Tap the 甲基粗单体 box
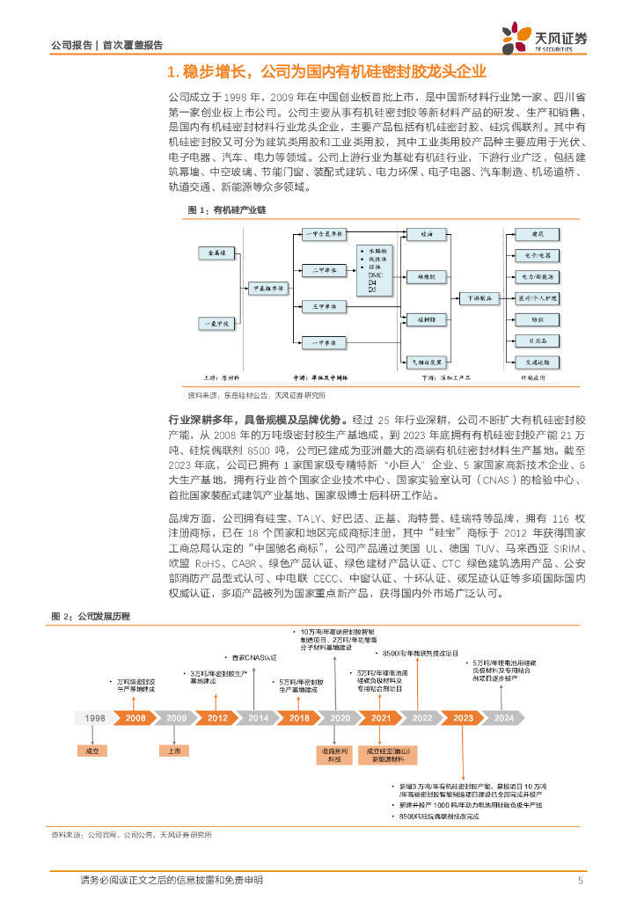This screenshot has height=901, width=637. (267, 288)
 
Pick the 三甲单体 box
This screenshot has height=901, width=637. (315, 306)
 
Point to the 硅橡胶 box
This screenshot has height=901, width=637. (427, 275)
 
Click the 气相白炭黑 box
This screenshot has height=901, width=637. (427, 360)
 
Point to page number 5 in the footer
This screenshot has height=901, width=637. (581, 880)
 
